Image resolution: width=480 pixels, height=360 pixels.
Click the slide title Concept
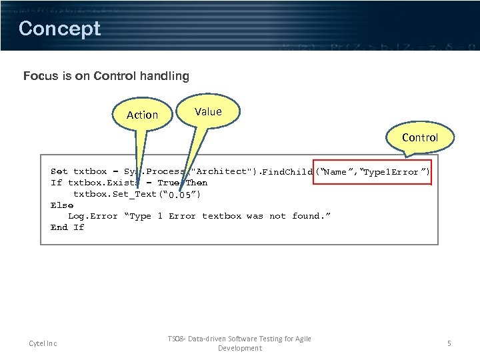coord(59,29)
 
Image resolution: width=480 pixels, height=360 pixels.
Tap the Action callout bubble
coord(142,115)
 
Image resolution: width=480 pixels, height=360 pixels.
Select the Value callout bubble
coord(208,112)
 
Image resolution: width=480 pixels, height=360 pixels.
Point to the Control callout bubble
coord(419,137)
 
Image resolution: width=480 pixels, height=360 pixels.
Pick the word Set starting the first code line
coord(59,171)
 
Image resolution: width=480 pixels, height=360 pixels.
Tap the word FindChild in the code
coord(287,172)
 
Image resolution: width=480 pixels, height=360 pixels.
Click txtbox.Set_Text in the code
coord(114,194)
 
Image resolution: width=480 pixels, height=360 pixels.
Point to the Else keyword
coord(61,205)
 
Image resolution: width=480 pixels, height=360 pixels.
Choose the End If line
coord(67,227)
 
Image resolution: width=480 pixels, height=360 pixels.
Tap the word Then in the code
coord(197,183)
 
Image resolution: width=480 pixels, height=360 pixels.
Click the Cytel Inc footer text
coord(43,343)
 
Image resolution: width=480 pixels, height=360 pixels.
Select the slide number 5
coord(449,343)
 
